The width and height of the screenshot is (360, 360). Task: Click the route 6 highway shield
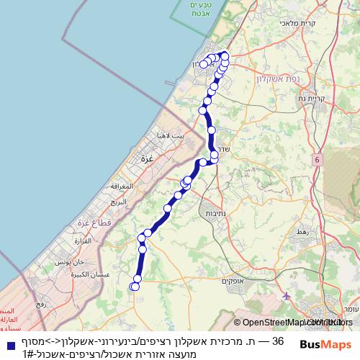(316, 158)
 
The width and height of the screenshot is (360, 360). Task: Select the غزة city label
(148, 158)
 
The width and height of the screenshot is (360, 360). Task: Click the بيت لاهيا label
(170, 135)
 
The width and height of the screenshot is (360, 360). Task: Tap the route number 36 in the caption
(279, 341)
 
